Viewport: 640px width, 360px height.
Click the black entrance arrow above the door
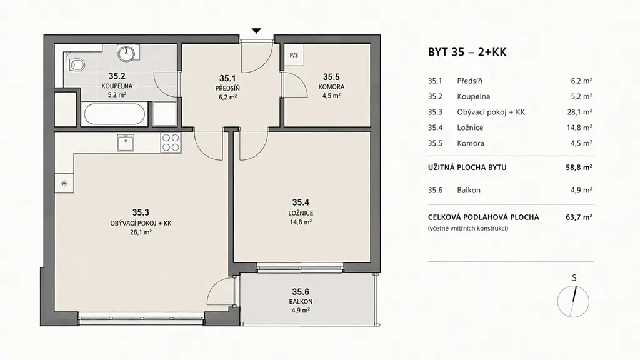(x=256, y=31)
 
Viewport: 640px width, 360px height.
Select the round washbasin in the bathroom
(x=126, y=52)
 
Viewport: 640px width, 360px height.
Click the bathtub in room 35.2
(x=115, y=114)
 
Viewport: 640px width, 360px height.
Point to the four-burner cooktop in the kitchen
(x=171, y=142)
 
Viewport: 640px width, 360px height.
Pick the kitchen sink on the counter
(x=126, y=143)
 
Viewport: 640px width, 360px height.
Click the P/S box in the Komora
(x=294, y=55)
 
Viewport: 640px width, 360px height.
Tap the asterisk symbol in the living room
(x=64, y=183)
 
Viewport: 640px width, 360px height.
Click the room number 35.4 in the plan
(x=301, y=202)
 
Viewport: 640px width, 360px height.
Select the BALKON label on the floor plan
(x=301, y=302)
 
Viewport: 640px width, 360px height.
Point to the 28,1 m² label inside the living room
(x=141, y=232)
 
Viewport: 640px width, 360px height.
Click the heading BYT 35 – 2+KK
(x=467, y=52)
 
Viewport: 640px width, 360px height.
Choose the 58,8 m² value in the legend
(x=579, y=167)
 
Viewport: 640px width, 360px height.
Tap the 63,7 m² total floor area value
(x=579, y=217)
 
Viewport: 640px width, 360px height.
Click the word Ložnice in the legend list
(x=470, y=127)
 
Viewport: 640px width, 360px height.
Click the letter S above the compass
(x=574, y=278)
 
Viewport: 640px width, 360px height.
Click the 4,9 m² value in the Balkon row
(x=582, y=190)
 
